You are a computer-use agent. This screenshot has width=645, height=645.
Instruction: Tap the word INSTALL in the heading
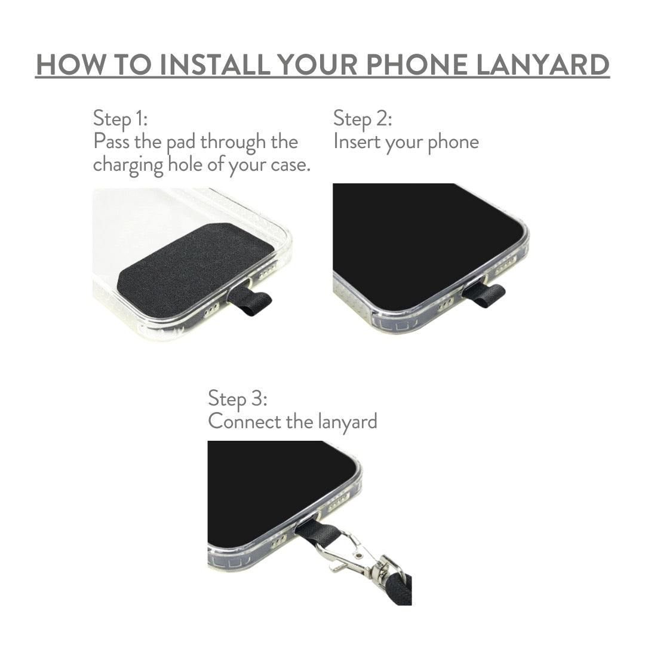[215, 64]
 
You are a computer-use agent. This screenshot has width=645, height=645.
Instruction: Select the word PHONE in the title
[417, 64]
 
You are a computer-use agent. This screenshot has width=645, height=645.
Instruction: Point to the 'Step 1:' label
[120, 119]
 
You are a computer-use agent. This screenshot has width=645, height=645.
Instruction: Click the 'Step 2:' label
[363, 119]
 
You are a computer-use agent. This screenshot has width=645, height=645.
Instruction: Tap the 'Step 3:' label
[237, 398]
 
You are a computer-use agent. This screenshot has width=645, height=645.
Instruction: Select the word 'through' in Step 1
[233, 143]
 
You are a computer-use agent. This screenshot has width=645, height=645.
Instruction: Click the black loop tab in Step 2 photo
[484, 294]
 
